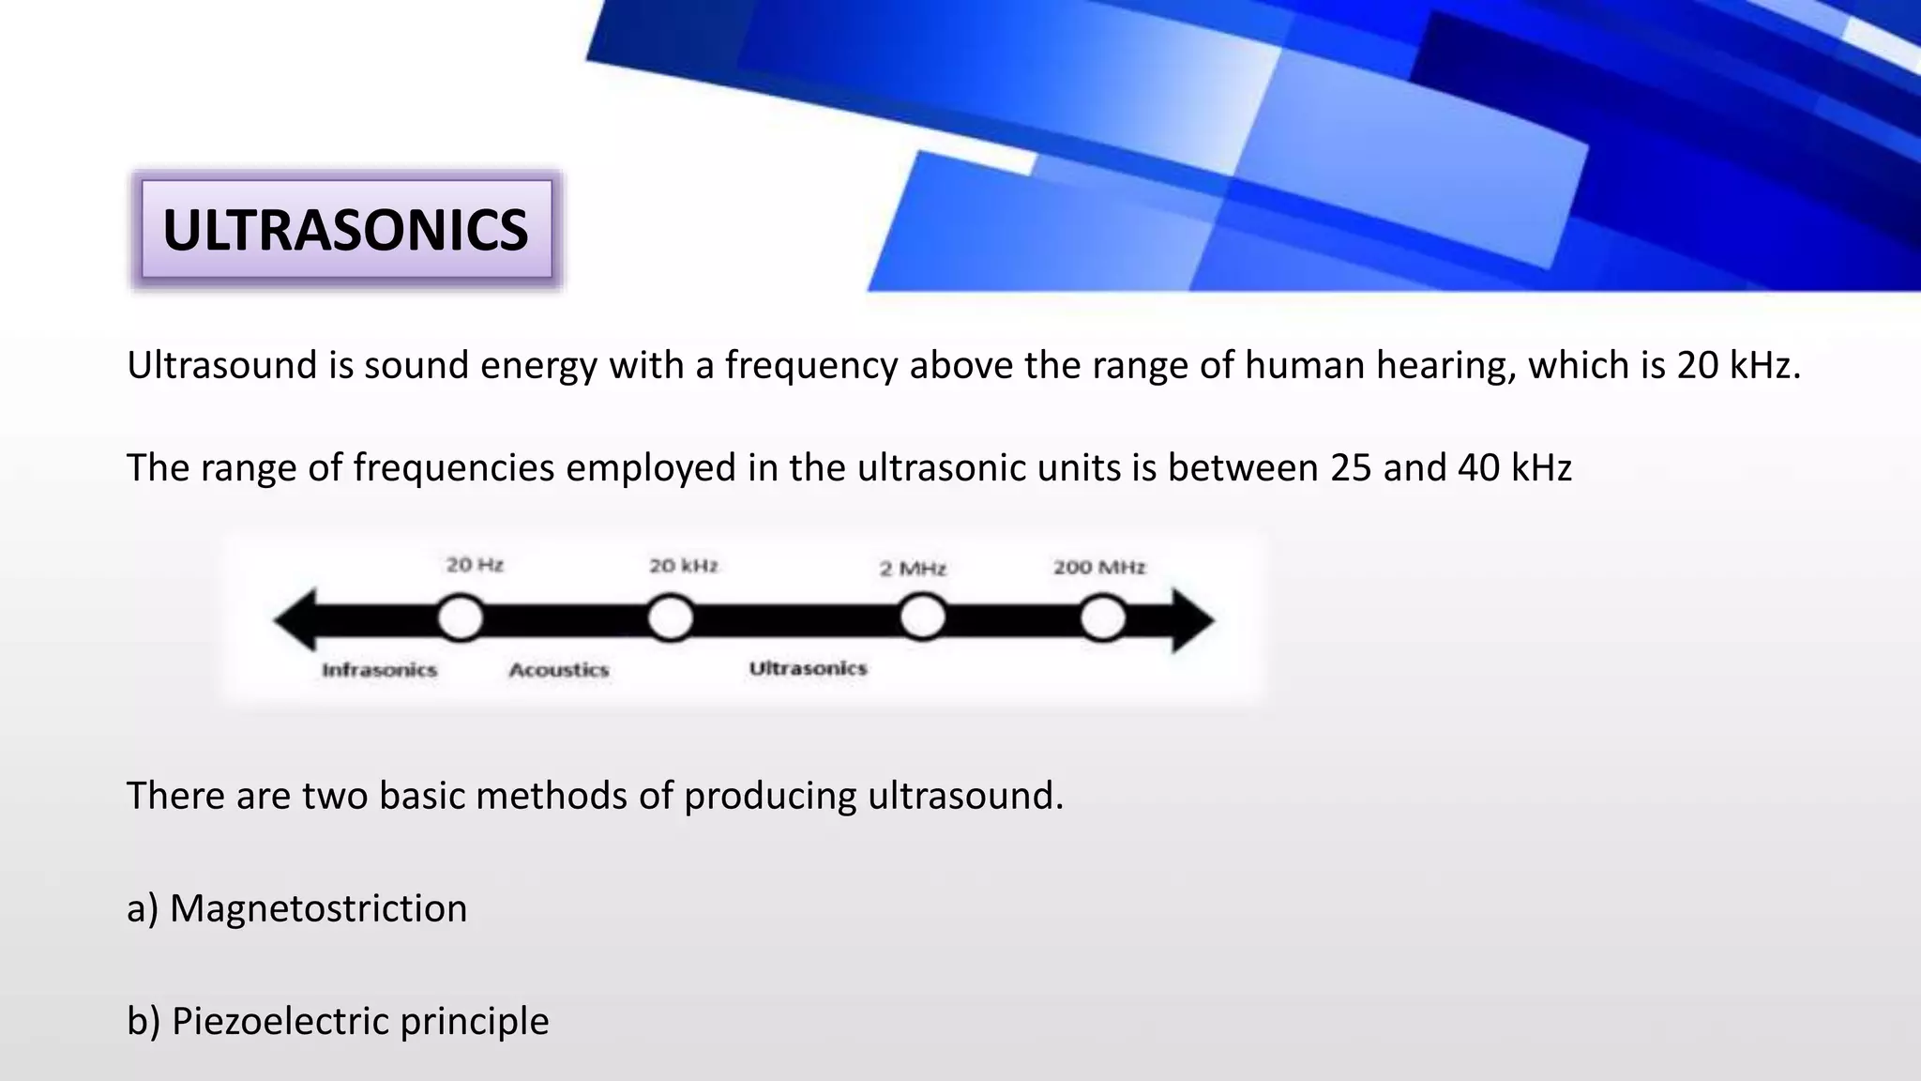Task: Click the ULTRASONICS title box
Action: pos(346,230)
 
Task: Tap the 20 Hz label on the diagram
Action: pos(475,565)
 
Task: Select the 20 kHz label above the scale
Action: pos(684,566)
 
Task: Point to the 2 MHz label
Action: pos(913,569)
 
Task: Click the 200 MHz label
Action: pos(1099,567)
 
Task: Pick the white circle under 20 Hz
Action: pos(461,619)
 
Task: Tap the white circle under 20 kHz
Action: pos(671,619)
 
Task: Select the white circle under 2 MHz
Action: pos(923,618)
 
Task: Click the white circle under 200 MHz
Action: pos(1103,619)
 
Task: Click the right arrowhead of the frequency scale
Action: pos(1193,619)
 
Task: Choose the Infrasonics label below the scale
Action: pos(379,670)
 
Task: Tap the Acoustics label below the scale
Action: pos(559,670)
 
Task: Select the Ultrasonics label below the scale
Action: pos(808,668)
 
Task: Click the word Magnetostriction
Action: pos(318,908)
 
